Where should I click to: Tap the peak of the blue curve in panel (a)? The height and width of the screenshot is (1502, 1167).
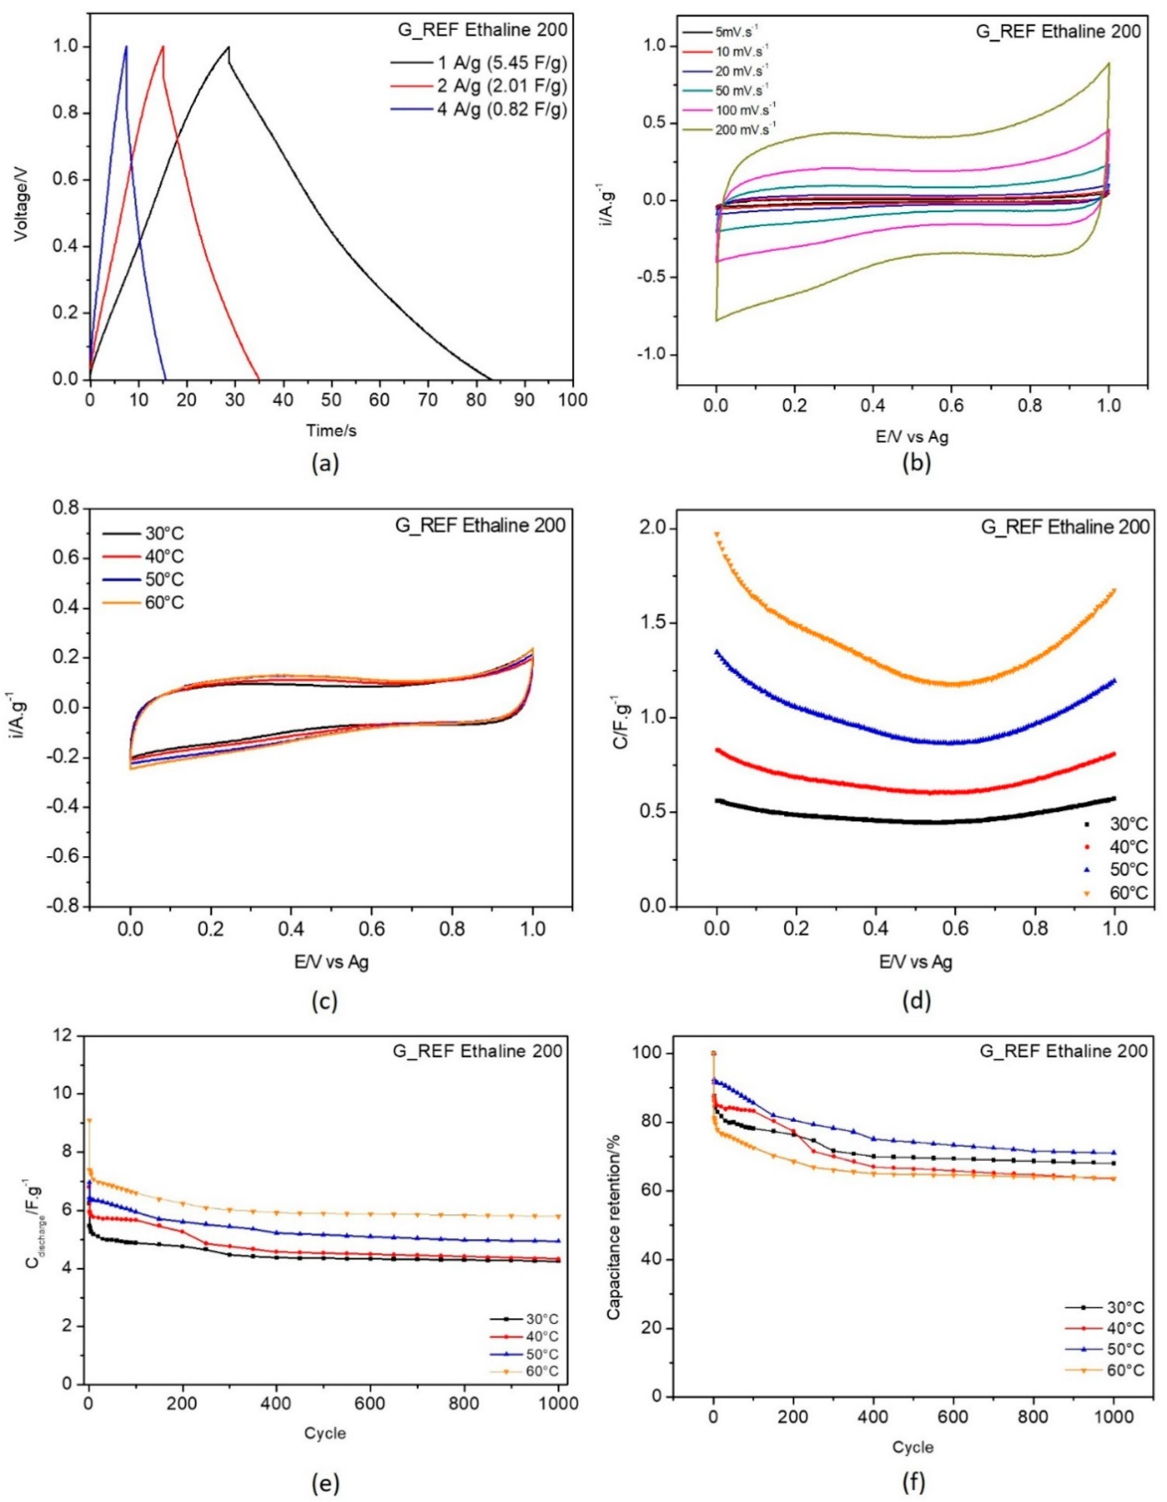tap(126, 47)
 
